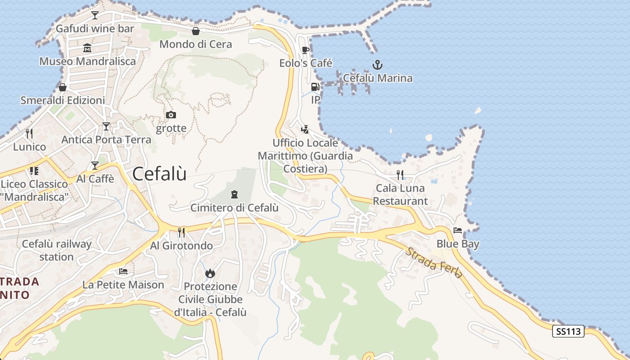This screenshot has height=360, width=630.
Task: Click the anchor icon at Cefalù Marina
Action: point(378,65)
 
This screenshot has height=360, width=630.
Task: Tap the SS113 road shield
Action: point(568,332)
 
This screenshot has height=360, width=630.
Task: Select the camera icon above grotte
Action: point(171,115)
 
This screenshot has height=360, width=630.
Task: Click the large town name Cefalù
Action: point(159,174)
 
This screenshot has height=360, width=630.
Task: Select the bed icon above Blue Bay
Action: point(458,230)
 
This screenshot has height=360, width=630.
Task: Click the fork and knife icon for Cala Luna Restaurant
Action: point(400,174)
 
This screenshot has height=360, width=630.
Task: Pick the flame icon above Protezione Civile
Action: point(210,273)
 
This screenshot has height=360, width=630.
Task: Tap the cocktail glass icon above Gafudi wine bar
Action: point(94,15)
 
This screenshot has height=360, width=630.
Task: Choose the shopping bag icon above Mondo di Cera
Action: point(196,31)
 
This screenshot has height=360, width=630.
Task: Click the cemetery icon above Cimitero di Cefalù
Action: point(234,194)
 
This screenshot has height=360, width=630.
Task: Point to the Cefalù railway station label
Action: point(57,251)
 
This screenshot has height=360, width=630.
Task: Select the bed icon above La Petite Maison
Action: point(123,271)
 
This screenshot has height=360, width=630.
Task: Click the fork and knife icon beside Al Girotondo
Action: point(181,232)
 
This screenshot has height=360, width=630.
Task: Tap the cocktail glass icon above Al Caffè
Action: point(94,166)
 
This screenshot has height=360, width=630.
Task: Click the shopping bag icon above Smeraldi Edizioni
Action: point(63,87)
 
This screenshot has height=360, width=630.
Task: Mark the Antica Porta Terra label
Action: point(106,139)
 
